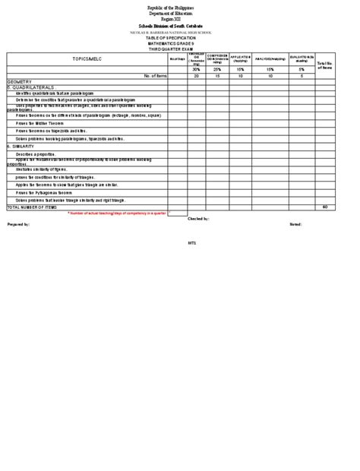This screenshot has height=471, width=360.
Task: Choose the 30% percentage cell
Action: (196, 69)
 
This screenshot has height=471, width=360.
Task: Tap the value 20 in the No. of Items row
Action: (196, 76)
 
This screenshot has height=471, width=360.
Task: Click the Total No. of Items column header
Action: (324, 64)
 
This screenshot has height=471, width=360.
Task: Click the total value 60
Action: (324, 207)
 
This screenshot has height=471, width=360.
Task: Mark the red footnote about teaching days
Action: (117, 213)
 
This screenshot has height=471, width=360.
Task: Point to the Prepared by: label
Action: (18, 225)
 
